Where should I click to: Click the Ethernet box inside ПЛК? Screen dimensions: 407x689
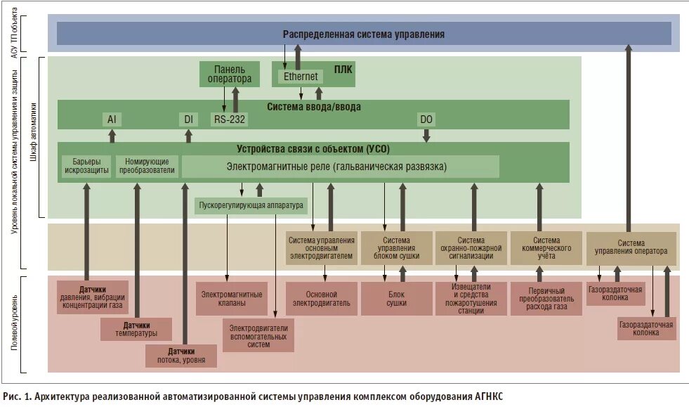coord(301,76)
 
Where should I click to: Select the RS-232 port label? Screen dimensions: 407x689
coord(230,119)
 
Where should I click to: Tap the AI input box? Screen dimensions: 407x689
coord(111,119)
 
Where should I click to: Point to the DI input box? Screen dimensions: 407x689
coord(188,119)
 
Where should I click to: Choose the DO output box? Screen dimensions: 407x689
coord(426,119)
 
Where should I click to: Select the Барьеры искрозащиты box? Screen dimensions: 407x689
coord(86,166)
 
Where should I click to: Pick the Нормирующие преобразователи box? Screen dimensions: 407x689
coord(147,166)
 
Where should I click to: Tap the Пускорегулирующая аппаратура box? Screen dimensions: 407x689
coord(251,206)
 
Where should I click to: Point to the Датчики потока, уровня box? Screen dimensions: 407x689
coord(181,356)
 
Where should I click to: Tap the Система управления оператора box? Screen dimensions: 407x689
coord(631,247)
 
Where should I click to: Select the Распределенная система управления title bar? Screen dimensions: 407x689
coord(363,34)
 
